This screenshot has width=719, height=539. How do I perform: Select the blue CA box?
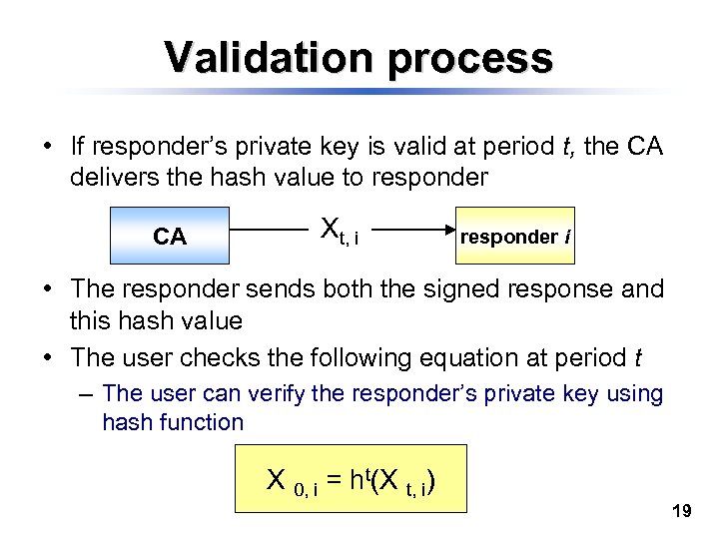170,237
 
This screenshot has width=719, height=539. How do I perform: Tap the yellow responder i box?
514,237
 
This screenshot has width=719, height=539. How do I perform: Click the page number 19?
682,511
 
